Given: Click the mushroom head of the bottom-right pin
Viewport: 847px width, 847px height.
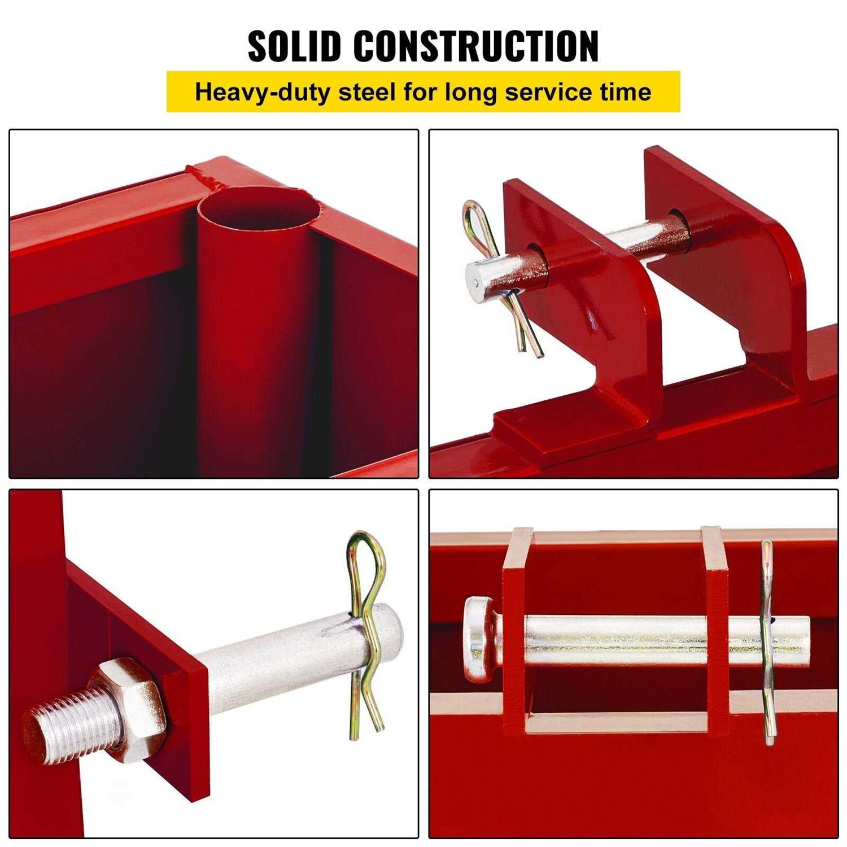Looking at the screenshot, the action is [480, 638].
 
